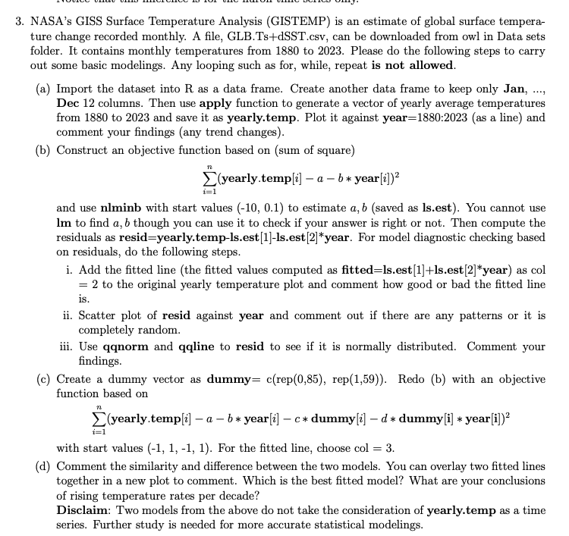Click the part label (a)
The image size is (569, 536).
(45, 89)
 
